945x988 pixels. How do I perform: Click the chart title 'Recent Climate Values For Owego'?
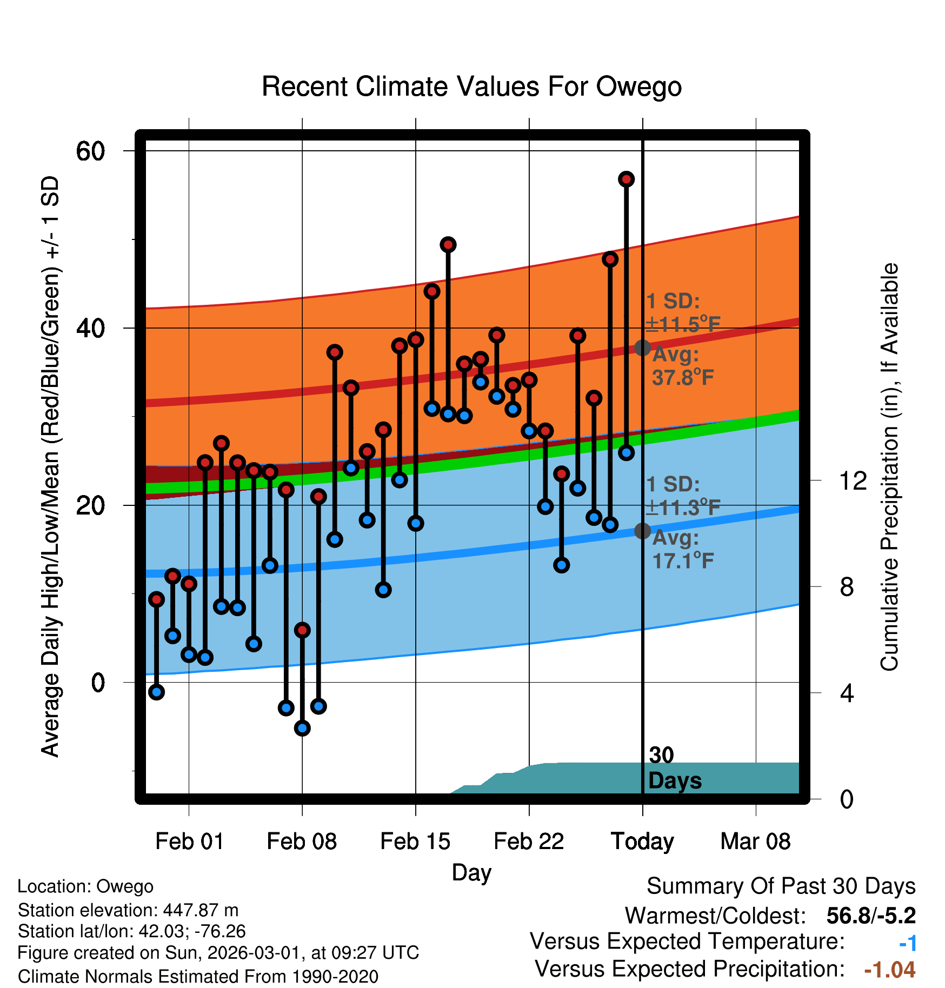[x=471, y=86]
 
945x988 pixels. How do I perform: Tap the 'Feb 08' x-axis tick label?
[x=302, y=842]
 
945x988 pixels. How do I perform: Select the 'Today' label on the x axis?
[x=642, y=842]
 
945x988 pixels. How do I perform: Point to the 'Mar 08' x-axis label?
[x=755, y=842]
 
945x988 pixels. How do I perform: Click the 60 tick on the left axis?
[x=90, y=151]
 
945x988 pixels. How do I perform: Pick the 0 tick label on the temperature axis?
[x=98, y=683]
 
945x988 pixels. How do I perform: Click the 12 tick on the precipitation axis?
[x=853, y=480]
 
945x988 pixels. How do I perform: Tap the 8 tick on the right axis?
[x=847, y=587]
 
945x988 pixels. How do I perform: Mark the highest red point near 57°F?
[x=626, y=179]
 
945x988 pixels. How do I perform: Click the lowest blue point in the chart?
[x=302, y=728]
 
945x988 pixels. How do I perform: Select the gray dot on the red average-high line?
[x=642, y=348]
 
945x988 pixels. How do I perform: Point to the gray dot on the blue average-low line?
[x=642, y=531]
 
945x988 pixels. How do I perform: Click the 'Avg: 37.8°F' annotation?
[x=682, y=366]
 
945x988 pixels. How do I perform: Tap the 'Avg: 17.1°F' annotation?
[x=682, y=550]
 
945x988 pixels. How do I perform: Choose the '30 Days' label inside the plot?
[x=674, y=768]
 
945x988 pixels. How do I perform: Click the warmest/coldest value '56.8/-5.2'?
[x=870, y=916]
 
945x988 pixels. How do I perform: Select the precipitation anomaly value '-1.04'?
[x=889, y=970]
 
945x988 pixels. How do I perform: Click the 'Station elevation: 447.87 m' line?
[x=128, y=910]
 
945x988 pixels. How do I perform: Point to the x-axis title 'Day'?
[x=471, y=872]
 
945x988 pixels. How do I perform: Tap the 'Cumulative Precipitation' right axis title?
[x=889, y=468]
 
